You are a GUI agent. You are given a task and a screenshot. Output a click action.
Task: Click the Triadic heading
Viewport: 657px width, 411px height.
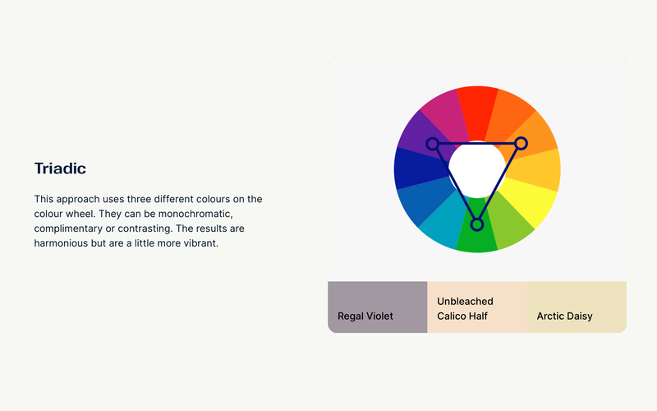coord(60,169)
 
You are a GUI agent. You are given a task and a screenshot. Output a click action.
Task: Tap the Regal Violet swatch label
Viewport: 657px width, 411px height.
coord(365,316)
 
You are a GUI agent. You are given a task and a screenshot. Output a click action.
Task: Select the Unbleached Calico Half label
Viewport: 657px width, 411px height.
coord(465,309)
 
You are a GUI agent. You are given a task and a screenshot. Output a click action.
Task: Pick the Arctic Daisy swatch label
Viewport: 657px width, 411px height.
coord(564,316)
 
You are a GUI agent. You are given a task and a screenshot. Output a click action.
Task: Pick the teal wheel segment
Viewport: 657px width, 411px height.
coord(443,223)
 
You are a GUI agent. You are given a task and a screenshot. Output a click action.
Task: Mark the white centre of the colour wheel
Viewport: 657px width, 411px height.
coord(477,169)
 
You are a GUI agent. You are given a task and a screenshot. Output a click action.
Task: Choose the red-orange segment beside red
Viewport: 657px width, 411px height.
coord(507,114)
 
